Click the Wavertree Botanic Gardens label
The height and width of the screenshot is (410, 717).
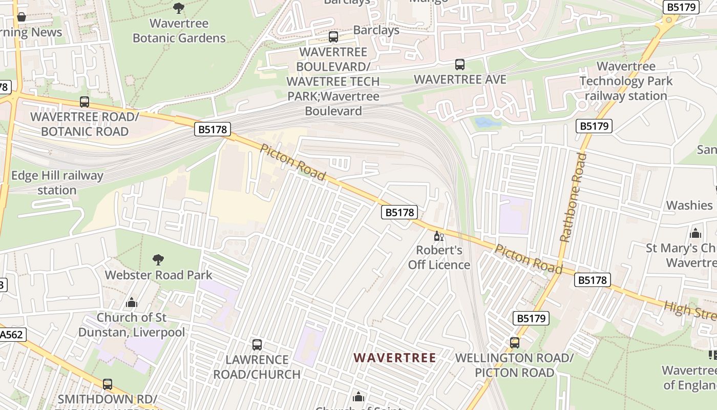179,31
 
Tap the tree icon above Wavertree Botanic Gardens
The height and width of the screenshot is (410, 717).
179,8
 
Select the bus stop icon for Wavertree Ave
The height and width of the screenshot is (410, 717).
460,65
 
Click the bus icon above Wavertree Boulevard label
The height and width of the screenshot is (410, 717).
333,37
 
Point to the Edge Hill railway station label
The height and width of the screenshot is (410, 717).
57,183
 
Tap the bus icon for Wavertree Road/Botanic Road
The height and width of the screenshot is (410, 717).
85,102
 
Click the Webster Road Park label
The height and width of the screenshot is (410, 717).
158,275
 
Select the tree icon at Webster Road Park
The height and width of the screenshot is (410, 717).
158,260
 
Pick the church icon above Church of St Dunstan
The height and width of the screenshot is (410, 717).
132,302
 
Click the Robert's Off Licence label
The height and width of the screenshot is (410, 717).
439,258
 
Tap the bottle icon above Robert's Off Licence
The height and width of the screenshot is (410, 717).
439,236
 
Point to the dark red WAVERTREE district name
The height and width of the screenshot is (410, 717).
395,358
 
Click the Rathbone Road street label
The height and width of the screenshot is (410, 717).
573,197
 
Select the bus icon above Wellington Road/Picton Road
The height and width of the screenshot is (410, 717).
515,342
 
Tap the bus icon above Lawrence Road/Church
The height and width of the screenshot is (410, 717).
257,345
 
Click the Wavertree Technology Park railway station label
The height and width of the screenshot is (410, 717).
626,81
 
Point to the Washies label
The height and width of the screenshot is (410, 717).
689,205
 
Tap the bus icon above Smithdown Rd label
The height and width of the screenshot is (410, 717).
108,384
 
